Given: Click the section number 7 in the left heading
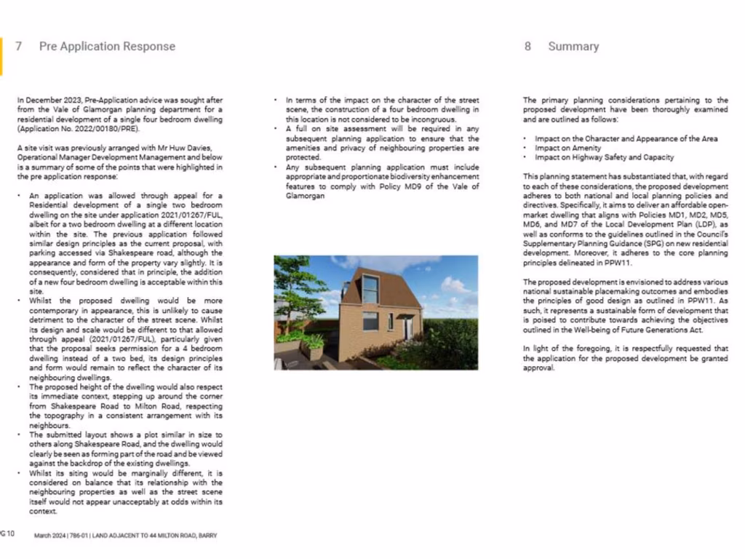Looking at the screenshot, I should [x=18, y=46].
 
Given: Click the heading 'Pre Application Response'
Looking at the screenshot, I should [x=107, y=46].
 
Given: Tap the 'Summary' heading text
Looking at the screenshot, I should [x=573, y=46].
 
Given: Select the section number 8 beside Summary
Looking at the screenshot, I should [x=527, y=46].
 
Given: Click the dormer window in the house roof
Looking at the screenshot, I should [x=370, y=288].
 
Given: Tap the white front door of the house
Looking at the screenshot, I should [x=408, y=328].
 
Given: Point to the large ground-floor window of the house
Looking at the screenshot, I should [x=370, y=321].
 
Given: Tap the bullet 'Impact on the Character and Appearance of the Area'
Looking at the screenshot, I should [x=626, y=138].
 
